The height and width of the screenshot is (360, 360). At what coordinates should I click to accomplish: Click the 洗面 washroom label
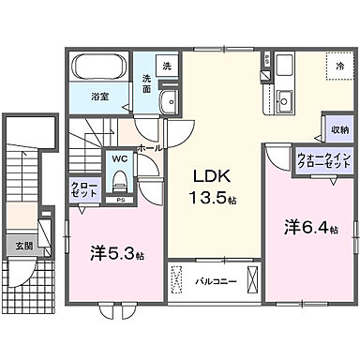[149, 83]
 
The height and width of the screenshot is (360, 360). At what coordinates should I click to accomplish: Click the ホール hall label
[150, 147]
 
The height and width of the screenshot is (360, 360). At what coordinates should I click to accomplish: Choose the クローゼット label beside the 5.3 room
[82, 191]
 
